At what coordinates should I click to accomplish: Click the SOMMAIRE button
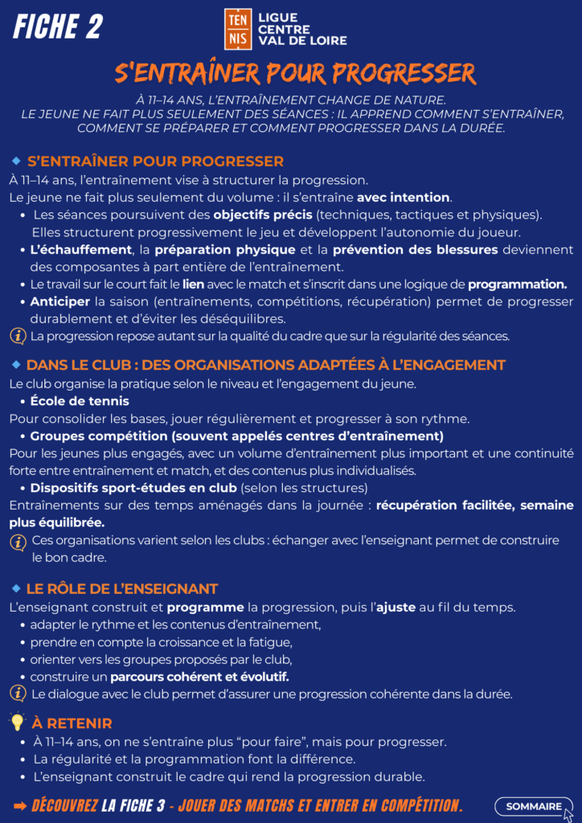534,806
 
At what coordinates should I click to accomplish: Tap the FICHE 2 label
57,27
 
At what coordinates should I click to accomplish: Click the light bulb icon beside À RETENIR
17,722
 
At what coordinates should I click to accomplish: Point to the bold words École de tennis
80,401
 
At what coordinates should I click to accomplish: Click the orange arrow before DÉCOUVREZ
20,805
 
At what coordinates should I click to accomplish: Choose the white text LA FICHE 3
133,805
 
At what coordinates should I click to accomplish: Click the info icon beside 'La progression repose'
17,335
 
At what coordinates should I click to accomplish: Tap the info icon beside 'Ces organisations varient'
17,543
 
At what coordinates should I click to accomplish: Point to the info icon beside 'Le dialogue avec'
17,693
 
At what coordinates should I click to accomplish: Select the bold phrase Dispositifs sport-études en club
133,488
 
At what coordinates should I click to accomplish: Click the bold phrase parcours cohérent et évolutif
199,676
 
